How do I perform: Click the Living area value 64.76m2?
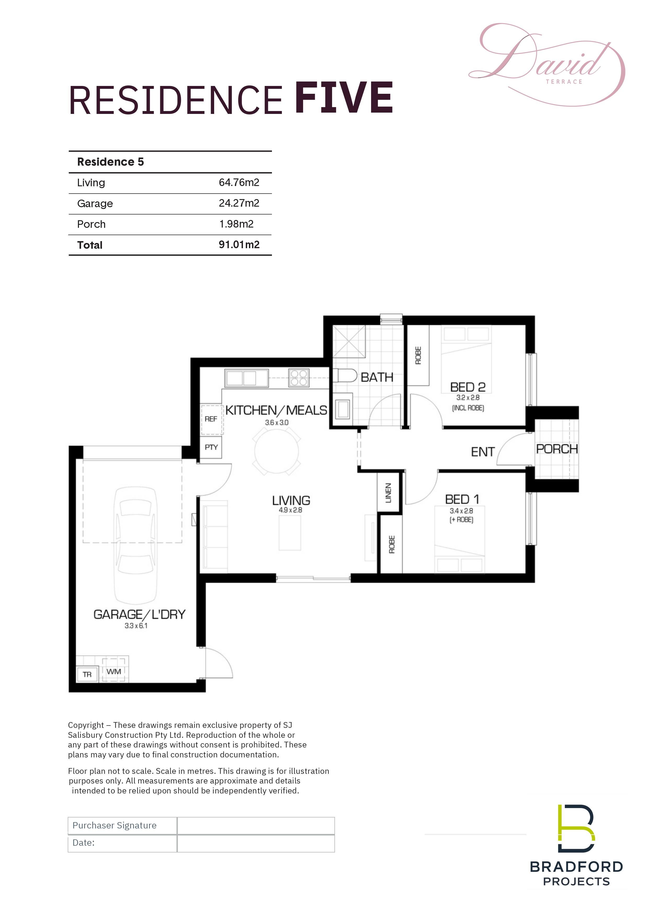coord(239,183)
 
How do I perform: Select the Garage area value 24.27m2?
coord(239,203)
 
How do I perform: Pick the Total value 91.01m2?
coord(239,245)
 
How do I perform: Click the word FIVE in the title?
coord(344,98)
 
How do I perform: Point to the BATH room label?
coord(377,378)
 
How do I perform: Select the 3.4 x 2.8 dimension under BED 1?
coord(461,511)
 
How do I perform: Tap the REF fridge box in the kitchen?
coord(211,419)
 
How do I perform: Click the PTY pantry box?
coord(211,447)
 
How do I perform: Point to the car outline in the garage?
coord(136,545)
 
